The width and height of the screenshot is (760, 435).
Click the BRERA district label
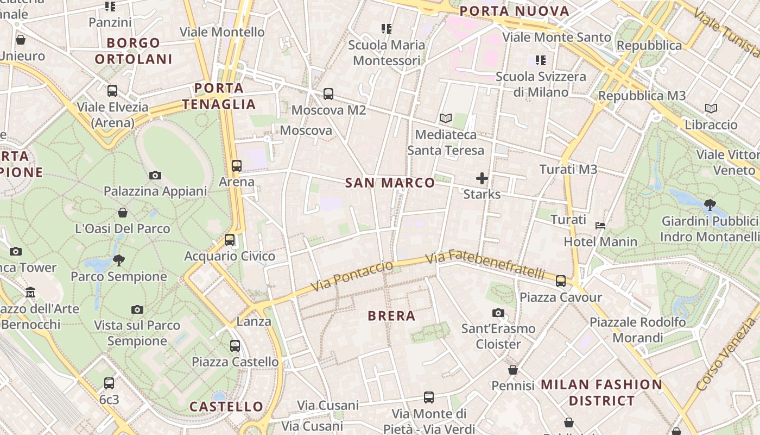click(391, 316)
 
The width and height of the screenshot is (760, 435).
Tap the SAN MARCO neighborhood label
click(390, 183)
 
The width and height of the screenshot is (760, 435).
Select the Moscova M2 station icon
click(328, 94)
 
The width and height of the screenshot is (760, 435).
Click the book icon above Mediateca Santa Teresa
click(445, 118)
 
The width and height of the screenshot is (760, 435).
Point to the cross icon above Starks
click(482, 178)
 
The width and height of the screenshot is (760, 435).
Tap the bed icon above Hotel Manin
click(600, 225)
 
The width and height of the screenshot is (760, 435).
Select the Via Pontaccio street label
click(352, 276)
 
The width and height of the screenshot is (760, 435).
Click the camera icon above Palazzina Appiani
click(155, 175)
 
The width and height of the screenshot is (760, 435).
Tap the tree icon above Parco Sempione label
click(119, 260)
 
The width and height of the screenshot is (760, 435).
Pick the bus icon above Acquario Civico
click(230, 239)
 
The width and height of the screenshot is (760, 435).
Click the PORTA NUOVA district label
click(514, 11)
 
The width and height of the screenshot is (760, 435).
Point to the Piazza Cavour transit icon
click(561, 281)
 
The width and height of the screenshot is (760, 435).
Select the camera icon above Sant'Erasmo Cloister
click(498, 313)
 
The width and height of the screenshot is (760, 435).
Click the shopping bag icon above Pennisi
click(513, 370)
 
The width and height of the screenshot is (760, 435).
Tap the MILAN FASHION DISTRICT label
click(601, 393)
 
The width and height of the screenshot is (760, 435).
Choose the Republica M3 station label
click(642, 96)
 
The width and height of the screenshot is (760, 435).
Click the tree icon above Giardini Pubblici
click(710, 205)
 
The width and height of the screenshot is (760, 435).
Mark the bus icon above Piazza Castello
click(235, 345)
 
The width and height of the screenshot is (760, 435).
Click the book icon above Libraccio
click(711, 108)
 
